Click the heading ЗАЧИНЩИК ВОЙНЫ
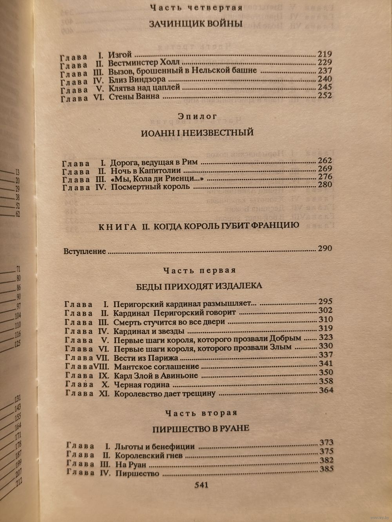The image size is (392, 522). (x=196, y=24)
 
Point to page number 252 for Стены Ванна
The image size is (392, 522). (x=325, y=96)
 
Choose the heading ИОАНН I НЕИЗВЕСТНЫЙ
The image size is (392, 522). (x=197, y=133)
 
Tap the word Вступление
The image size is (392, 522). (x=85, y=251)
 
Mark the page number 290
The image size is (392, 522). (x=324, y=249)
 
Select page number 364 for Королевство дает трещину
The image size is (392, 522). (x=326, y=390)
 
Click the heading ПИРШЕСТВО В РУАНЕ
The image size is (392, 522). (x=200, y=428)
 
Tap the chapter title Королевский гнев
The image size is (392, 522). (x=149, y=456)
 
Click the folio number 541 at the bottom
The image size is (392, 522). (x=200, y=485)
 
